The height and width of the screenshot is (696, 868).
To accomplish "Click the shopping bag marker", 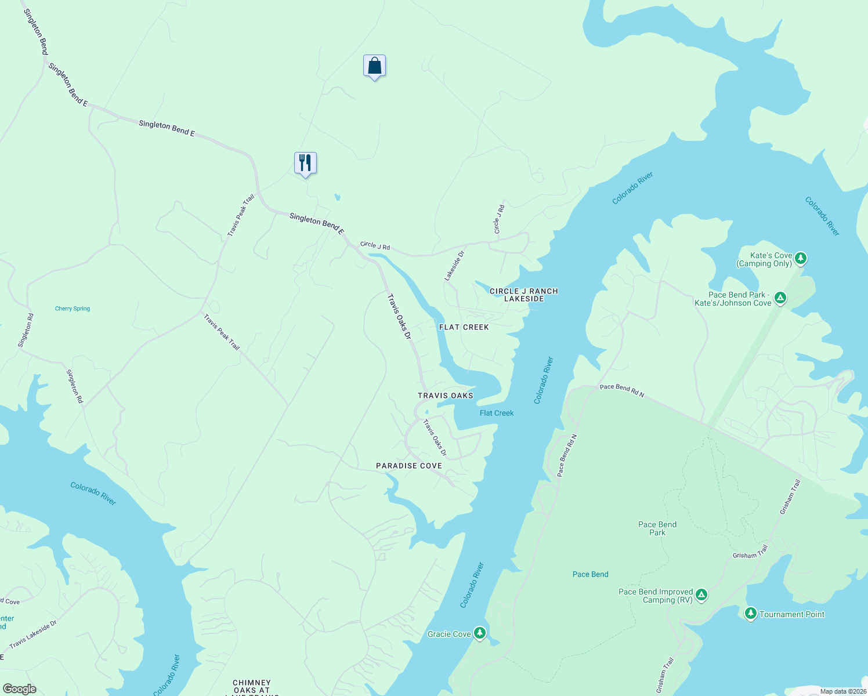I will point(374,66).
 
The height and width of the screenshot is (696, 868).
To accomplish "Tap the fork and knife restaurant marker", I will point(305,163).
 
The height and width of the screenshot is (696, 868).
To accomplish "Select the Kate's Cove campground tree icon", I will point(801,258).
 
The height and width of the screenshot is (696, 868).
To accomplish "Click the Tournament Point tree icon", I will point(750,613).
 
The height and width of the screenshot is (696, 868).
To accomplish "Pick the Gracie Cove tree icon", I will point(479,633).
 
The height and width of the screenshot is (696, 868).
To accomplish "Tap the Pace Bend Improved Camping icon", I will point(701,594).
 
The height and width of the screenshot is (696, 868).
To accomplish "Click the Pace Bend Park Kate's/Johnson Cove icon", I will point(780,298).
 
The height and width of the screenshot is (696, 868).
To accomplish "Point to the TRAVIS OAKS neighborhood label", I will point(446,396).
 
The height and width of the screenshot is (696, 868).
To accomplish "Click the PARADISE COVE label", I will point(409,466).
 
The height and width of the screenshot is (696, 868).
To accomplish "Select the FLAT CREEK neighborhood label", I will point(464,327).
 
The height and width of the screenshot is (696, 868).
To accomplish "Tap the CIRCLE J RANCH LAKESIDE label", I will point(524,295).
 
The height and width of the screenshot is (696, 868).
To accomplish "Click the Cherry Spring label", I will point(73,309).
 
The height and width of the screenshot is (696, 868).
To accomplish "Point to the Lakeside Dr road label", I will point(455,266).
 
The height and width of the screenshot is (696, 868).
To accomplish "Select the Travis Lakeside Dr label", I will point(33,634).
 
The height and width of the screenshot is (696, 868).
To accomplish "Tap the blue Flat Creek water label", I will point(497,413).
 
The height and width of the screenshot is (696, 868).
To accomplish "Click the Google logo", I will point(19,689).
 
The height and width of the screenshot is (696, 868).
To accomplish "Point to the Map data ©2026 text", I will point(843,691).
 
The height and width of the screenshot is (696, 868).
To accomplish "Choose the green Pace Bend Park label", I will point(657,528).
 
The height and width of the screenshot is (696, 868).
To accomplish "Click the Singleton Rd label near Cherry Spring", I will point(26,331).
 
